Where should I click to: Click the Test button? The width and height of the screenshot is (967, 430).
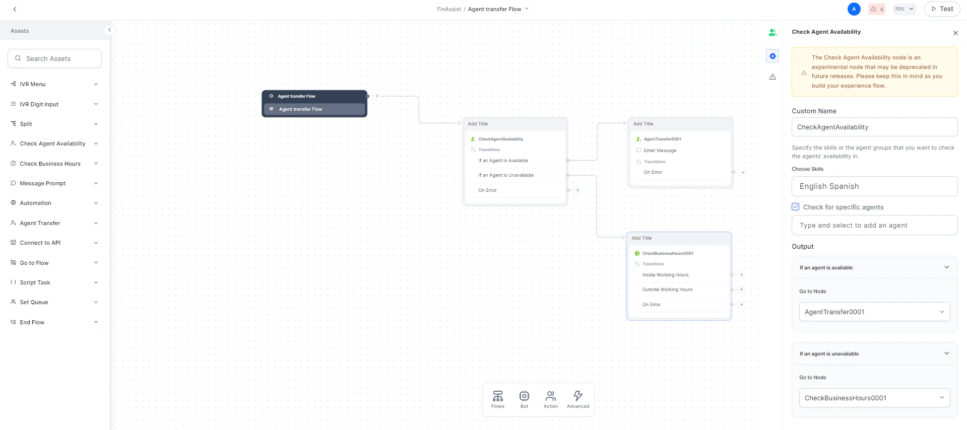pyautogui.click(x=942, y=9)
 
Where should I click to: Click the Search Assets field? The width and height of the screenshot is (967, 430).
pyautogui.click(x=55, y=58)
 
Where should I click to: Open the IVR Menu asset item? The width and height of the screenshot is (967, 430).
pyautogui.click(x=33, y=84)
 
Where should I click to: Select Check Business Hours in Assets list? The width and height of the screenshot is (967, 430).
pyautogui.click(x=50, y=164)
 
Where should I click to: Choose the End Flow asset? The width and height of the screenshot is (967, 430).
pyautogui.click(x=32, y=322)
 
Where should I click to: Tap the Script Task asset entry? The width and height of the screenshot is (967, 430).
pyautogui.click(x=35, y=282)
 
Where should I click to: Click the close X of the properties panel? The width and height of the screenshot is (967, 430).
pyautogui.click(x=955, y=33)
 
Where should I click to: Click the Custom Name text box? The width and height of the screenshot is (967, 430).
pyautogui.click(x=874, y=127)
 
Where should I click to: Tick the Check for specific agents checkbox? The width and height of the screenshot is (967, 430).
pyautogui.click(x=796, y=207)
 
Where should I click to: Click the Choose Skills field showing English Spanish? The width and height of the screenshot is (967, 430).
pyautogui.click(x=874, y=186)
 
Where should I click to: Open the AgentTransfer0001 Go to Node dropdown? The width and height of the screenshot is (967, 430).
pyautogui.click(x=874, y=312)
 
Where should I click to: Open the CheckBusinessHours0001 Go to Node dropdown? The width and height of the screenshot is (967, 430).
pyautogui.click(x=874, y=398)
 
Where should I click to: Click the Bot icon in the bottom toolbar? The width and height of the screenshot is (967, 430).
pyautogui.click(x=524, y=399)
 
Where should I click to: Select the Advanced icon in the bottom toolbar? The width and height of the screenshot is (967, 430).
pyautogui.click(x=578, y=399)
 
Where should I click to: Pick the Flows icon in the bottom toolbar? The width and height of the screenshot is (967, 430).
pyautogui.click(x=498, y=399)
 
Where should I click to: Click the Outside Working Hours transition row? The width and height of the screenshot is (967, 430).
pyautogui.click(x=667, y=290)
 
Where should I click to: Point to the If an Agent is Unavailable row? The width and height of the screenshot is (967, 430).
pyautogui.click(x=506, y=175)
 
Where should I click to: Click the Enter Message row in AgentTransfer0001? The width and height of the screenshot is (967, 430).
pyautogui.click(x=660, y=151)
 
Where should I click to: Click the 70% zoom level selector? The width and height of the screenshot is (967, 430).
pyautogui.click(x=904, y=9)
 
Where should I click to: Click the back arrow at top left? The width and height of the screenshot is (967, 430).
pyautogui.click(x=15, y=9)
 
